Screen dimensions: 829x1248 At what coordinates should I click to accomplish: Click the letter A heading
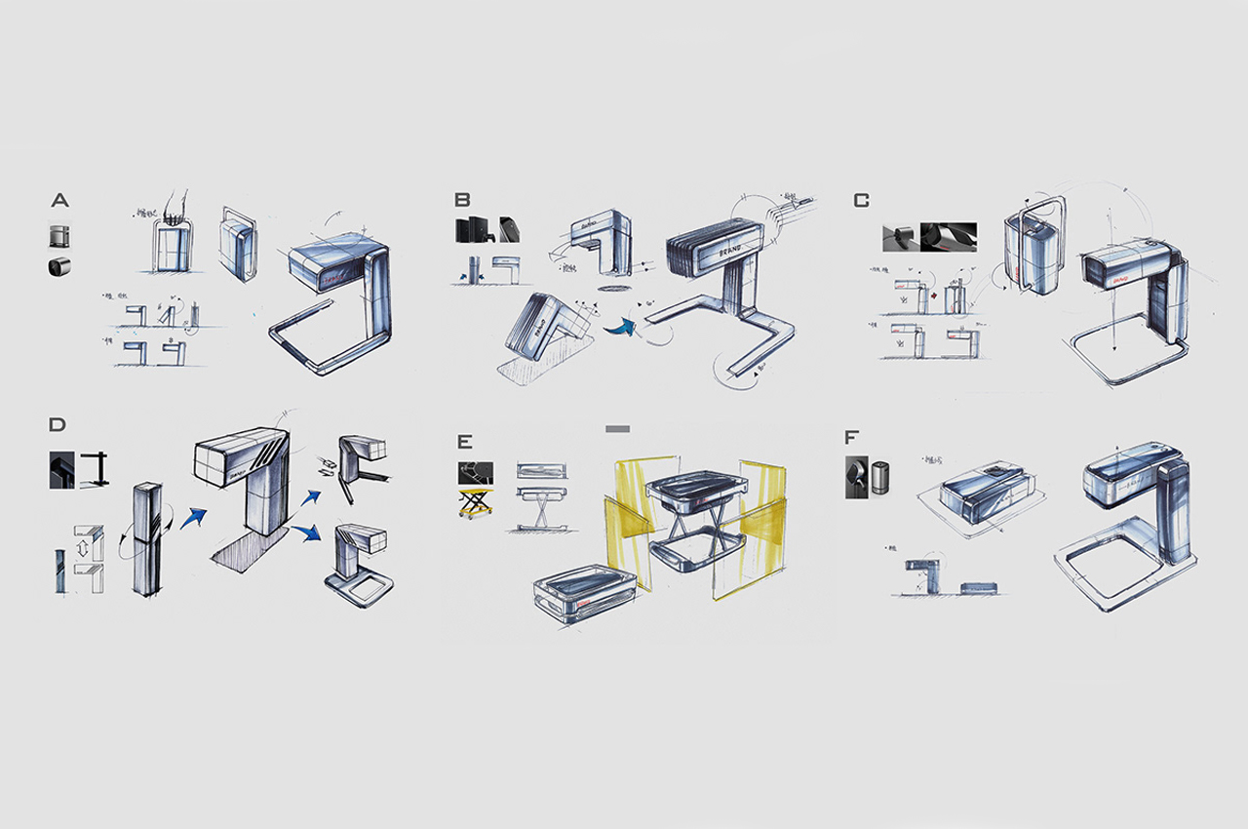(60, 201)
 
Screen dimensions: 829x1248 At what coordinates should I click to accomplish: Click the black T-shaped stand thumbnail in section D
(94, 469)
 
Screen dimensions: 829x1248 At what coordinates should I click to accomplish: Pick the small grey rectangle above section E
(617, 428)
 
